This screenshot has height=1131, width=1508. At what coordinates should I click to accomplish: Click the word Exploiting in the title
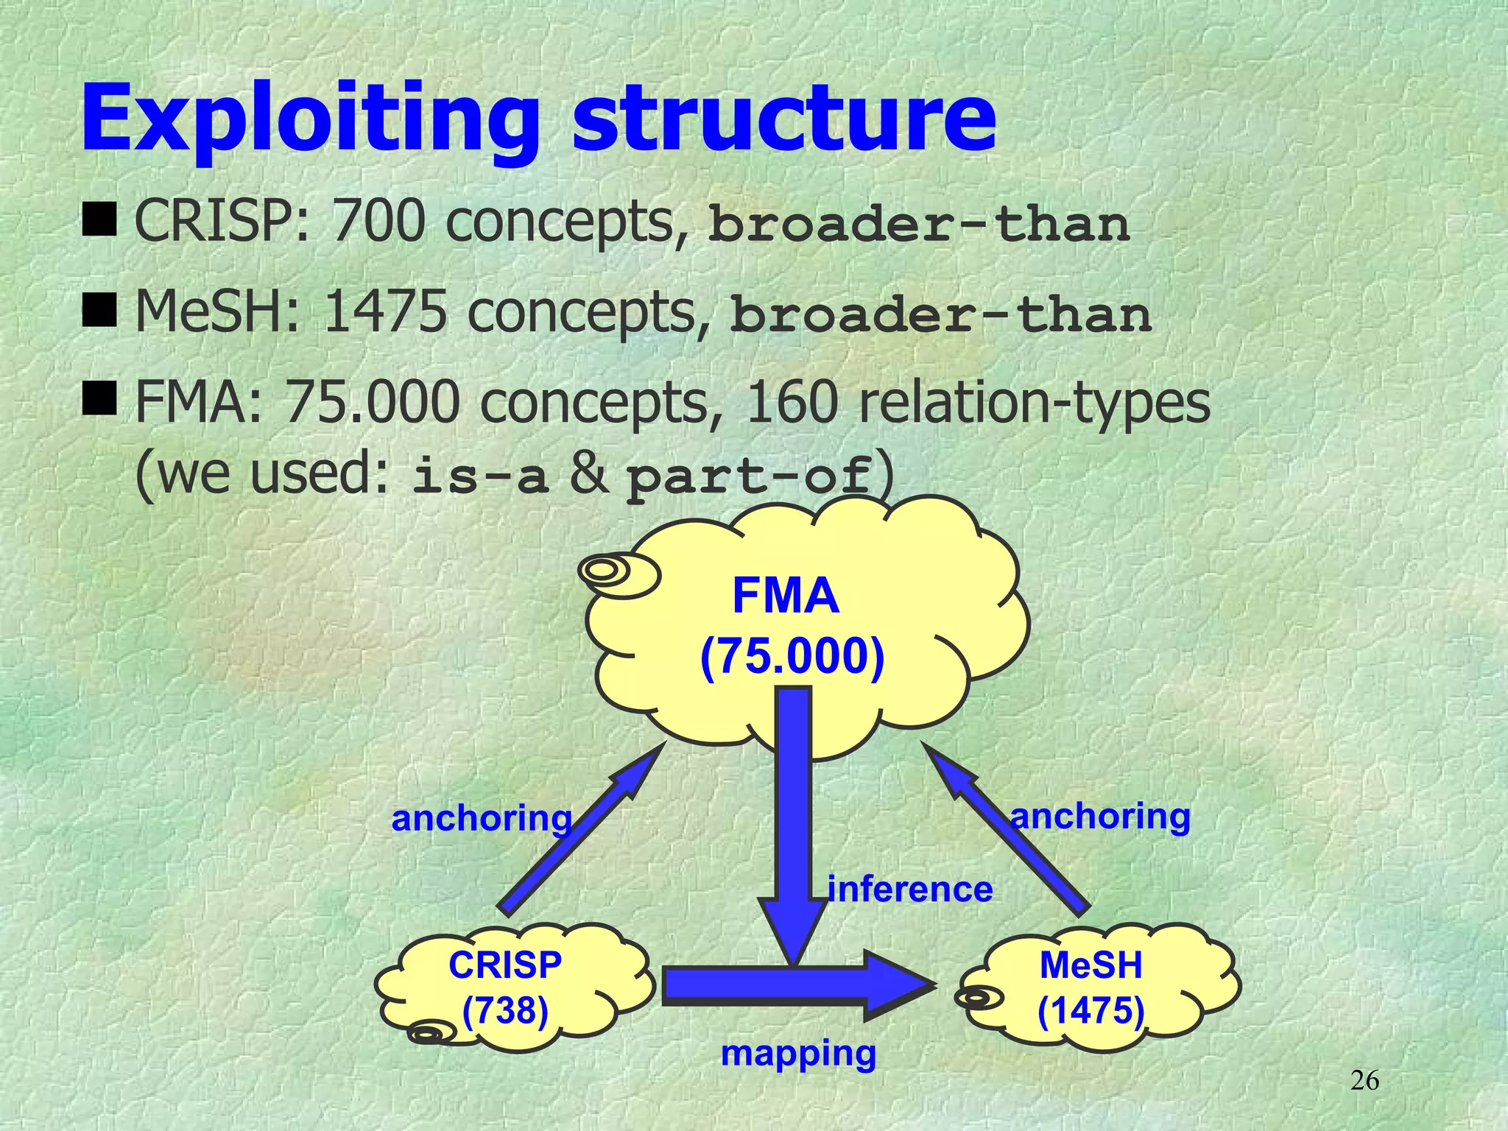point(309,121)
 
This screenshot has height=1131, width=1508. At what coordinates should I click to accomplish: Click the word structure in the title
point(784,121)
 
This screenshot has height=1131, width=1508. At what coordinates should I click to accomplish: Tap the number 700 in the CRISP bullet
point(378,222)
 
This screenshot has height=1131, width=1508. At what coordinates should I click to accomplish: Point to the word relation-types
point(1034,404)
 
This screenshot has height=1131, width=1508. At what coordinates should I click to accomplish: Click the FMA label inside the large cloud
point(786,596)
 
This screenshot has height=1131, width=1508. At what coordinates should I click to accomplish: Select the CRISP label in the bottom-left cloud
point(505,965)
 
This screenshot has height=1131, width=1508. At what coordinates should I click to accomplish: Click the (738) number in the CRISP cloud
point(505,1010)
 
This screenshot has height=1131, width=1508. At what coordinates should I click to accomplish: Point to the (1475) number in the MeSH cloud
point(1091,1010)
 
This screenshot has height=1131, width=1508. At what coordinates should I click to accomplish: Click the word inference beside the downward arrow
point(910,889)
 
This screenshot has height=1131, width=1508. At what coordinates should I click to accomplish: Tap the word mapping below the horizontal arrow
point(798,1053)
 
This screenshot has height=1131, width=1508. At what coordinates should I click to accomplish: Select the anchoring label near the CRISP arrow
point(482,818)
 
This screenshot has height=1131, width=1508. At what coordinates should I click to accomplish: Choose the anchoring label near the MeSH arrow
point(1100,816)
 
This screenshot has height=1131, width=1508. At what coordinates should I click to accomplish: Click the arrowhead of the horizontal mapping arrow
point(902,985)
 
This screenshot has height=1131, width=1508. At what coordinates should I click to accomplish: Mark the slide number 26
point(1364,1081)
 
